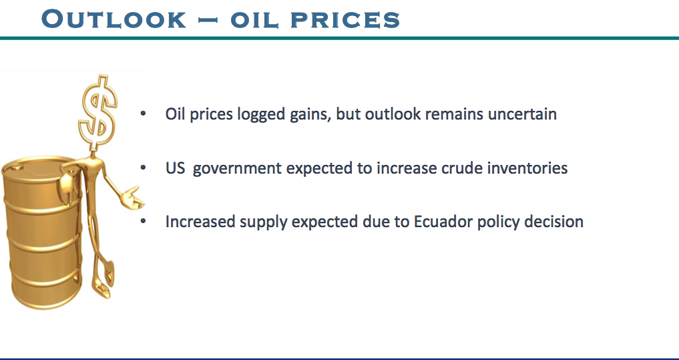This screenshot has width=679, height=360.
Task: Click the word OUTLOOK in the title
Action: (114, 19)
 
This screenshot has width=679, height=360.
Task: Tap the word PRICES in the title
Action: (345, 20)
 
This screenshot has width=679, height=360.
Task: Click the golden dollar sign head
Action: (98, 112)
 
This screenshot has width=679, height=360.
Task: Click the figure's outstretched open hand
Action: (133, 198)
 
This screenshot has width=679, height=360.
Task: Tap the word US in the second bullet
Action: (175, 168)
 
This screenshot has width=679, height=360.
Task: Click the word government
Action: (237, 169)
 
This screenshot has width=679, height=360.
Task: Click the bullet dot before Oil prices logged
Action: (144, 114)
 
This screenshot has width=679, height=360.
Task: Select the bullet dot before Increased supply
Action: (144, 221)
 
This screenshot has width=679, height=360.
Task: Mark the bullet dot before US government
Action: (144, 168)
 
